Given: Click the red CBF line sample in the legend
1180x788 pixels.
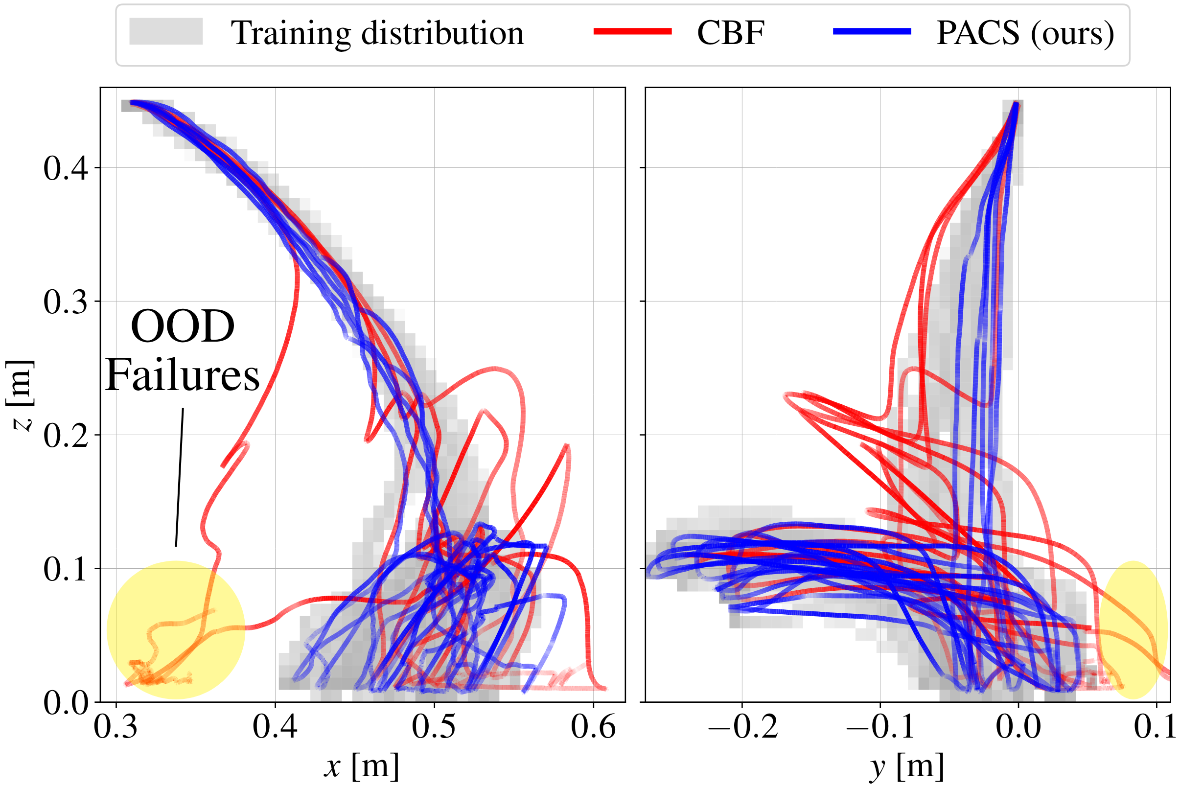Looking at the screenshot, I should [632, 32].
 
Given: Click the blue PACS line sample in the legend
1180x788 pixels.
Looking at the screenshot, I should [872, 32].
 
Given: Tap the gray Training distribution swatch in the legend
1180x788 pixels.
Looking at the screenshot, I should [166, 32].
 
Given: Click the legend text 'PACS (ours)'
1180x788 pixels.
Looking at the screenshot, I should [1025, 33].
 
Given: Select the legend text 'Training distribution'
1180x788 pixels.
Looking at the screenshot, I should [377, 33].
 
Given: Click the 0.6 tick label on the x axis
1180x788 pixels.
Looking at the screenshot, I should [594, 728].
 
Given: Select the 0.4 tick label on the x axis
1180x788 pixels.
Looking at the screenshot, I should [275, 728].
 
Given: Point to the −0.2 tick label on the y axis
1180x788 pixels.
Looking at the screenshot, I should [743, 728].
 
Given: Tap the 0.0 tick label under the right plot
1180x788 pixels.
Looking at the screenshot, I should [1018, 728].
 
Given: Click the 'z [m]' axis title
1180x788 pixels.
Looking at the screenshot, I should [20, 395].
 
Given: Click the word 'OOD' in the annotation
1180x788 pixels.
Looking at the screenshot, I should [183, 326].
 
